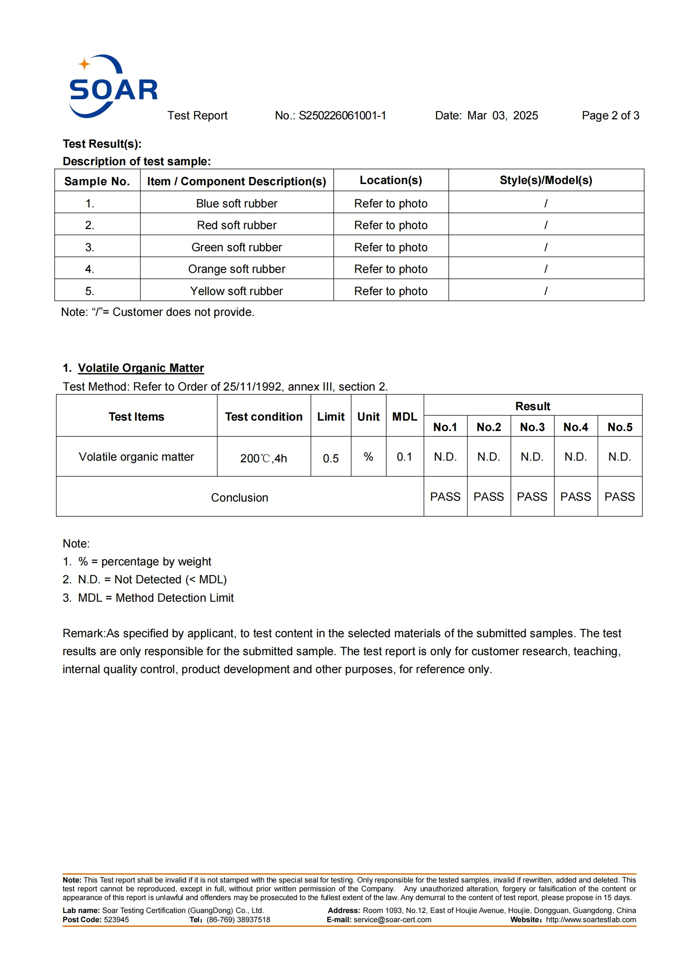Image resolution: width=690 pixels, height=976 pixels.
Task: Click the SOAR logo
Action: [x=113, y=86]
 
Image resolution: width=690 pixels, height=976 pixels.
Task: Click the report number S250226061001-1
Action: [x=342, y=116]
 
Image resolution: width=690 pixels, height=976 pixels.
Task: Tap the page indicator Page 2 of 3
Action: [x=610, y=116]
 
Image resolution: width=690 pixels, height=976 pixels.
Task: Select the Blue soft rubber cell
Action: [x=237, y=204]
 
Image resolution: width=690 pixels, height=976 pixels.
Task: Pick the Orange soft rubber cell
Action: [x=237, y=269]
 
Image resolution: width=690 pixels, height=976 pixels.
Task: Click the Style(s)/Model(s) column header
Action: [x=546, y=180]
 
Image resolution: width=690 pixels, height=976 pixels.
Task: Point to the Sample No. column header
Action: [x=97, y=182]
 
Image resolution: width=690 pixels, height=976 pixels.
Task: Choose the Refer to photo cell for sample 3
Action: [x=390, y=247]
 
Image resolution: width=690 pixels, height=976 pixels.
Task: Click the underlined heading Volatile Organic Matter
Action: [x=141, y=368]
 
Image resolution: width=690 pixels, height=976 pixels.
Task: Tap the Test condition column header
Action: [x=263, y=416]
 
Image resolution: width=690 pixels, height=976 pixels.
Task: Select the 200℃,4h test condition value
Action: [x=263, y=458]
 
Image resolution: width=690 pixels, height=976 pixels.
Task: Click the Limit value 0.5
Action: [x=330, y=458]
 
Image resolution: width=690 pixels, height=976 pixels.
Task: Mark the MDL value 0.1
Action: [x=404, y=457]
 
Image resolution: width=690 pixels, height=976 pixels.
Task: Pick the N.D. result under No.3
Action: [x=532, y=457]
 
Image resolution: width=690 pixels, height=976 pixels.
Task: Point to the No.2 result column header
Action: [x=489, y=427]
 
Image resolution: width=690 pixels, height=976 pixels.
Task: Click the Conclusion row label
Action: [x=239, y=498]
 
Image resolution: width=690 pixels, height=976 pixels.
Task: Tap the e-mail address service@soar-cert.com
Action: [x=392, y=920]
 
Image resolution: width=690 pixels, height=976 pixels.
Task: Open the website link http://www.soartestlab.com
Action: [x=591, y=920]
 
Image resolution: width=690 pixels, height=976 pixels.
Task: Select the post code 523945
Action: [x=116, y=920]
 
